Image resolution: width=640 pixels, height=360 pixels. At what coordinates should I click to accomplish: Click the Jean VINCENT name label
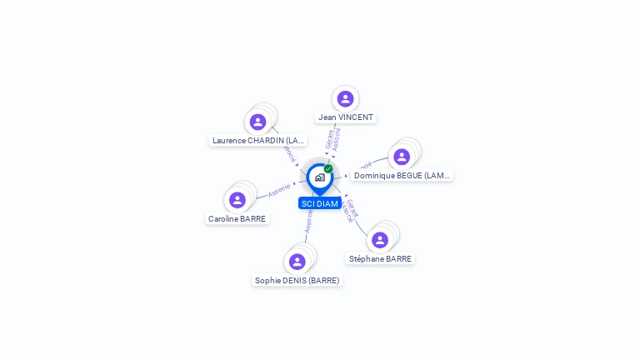point(346,117)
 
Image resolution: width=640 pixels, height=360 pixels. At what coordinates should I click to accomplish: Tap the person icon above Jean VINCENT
point(345,99)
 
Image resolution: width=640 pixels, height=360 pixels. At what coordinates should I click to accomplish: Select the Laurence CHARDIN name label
point(258,141)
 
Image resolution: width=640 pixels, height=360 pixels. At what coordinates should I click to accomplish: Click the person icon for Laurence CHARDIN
point(257,122)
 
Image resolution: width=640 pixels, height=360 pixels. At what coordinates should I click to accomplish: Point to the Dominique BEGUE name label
point(402,176)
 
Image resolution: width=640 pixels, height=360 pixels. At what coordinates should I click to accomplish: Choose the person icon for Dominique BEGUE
point(402,157)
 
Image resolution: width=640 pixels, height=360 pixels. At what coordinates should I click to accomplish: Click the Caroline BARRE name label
point(237,219)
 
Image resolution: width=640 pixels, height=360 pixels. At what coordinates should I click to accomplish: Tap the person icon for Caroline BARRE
point(237,200)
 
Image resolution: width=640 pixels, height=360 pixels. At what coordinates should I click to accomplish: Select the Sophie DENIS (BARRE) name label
point(297,281)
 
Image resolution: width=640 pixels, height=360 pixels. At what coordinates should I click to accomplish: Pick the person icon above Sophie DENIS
point(297,262)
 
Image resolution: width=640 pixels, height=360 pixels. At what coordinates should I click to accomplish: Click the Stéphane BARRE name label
point(380,259)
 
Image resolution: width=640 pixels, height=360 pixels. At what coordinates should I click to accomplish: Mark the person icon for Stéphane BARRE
point(380,240)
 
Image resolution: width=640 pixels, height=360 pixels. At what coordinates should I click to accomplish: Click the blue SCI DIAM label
point(320,203)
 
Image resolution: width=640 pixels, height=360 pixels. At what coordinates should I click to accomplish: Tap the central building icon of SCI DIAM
point(320,177)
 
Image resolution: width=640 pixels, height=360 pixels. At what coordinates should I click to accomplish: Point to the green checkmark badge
point(328,169)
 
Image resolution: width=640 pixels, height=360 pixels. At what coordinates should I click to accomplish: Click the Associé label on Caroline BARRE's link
point(279,191)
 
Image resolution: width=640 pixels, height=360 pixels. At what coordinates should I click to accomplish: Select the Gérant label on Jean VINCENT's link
point(329,139)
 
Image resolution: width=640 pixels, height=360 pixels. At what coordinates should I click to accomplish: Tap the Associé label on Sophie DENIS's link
point(308,221)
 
